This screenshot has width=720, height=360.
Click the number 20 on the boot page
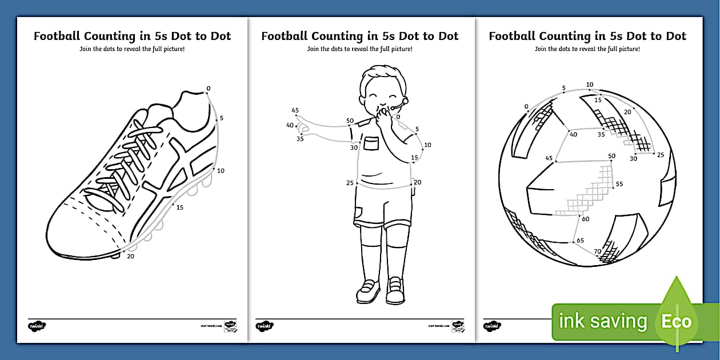(x=130, y=256)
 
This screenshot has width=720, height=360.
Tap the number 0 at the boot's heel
(x=208, y=89)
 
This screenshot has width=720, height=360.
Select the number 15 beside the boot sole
(x=180, y=207)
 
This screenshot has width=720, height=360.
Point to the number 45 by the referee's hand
(x=295, y=110)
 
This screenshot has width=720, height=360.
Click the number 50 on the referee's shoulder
(x=350, y=121)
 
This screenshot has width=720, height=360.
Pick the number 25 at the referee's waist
(x=350, y=183)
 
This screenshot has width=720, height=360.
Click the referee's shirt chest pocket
(x=371, y=143)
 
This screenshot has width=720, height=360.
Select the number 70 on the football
(x=597, y=250)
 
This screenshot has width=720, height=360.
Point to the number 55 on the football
(x=619, y=184)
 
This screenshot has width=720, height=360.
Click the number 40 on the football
(x=573, y=134)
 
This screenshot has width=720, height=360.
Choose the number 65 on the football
(x=580, y=240)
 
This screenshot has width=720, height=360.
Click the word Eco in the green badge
(x=677, y=321)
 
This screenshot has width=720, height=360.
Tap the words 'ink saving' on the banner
(x=602, y=322)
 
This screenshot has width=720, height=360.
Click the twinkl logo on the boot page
(x=37, y=326)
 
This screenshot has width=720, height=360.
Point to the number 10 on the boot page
(x=221, y=170)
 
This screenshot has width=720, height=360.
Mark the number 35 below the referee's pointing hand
(x=300, y=138)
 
